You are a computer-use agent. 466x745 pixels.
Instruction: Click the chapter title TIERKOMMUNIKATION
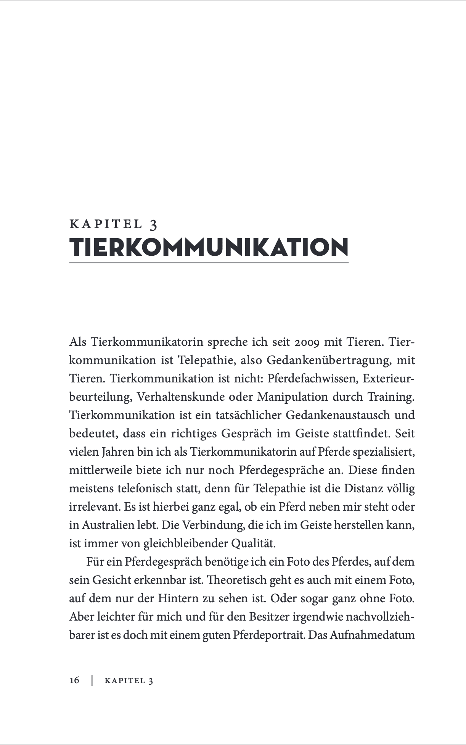tap(209, 247)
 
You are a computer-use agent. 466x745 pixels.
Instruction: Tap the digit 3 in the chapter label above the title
tap(153, 224)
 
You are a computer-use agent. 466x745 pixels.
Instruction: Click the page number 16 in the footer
tap(74, 680)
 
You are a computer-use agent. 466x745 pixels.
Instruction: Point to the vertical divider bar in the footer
tap(92, 680)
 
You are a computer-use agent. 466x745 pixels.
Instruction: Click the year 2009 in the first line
tap(306, 342)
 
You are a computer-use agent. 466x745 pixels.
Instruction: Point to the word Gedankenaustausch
tap(337, 415)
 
